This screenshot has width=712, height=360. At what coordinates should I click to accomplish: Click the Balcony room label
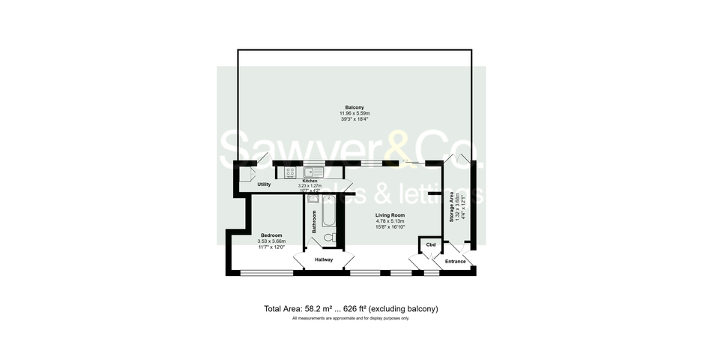click(355, 107)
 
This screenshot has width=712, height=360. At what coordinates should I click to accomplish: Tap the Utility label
click(264, 184)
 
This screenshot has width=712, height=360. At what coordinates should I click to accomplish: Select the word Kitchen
click(310, 181)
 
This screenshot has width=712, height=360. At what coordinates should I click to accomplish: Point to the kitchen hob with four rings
click(289, 172)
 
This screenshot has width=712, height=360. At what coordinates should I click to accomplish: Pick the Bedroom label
click(271, 235)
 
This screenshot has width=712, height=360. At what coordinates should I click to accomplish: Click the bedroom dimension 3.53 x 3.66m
click(272, 241)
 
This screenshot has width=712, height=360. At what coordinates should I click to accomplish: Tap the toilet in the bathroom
click(328, 238)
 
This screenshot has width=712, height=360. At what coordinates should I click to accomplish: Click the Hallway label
click(324, 259)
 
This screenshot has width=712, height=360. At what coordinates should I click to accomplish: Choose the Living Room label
click(390, 215)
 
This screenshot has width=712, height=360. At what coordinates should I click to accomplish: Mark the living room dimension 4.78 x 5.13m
click(390, 221)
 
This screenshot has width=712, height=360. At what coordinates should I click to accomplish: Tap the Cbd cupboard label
click(430, 245)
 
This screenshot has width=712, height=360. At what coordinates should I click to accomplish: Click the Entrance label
click(456, 262)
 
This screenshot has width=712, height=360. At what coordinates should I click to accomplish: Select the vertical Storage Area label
click(450, 206)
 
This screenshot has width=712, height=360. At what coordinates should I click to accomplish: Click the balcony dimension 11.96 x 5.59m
click(355, 113)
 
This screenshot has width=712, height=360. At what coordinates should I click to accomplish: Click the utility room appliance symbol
click(246, 174)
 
